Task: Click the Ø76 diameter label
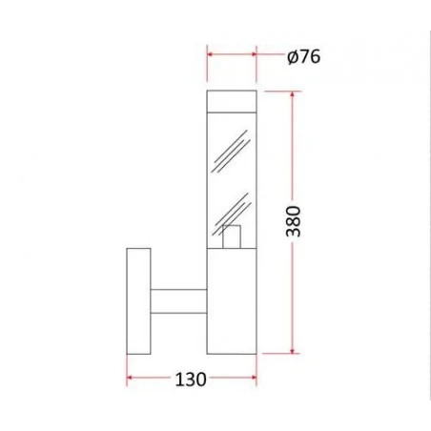302,56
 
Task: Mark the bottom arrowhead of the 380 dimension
293,349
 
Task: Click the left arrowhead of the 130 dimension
131,379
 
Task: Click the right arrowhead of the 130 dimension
254,379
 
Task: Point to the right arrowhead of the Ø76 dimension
253,56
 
